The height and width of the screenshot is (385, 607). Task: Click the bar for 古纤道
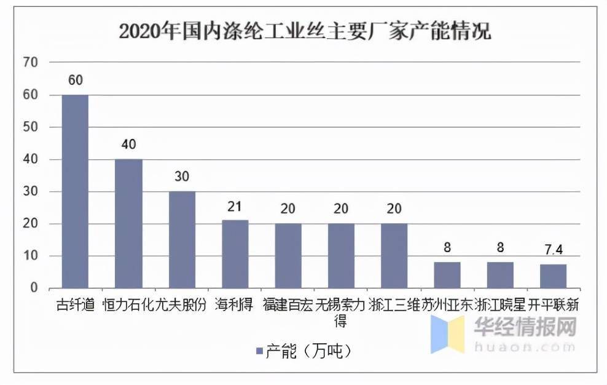point(75,191)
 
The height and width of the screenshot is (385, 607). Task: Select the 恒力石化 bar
point(128,223)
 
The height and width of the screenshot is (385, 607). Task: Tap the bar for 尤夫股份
point(182,239)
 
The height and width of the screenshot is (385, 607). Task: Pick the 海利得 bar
point(235,254)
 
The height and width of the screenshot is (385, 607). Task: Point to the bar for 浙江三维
point(394,255)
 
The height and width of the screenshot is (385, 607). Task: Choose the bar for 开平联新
point(553,276)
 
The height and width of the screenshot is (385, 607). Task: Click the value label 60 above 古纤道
point(76,81)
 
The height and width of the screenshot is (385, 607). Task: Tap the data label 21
point(235,206)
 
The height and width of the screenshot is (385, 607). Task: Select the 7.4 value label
point(553,250)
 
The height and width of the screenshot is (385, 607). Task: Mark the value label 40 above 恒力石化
point(129,145)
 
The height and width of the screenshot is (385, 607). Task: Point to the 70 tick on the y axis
point(31,62)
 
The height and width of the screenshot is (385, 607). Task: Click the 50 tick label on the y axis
point(31,127)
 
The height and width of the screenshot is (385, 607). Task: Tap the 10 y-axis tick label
point(31,256)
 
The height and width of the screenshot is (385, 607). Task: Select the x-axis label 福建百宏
point(288,305)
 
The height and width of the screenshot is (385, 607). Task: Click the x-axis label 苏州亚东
point(447,305)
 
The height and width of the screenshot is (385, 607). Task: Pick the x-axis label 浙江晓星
point(500,305)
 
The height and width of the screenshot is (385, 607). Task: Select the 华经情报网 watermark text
point(525,328)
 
